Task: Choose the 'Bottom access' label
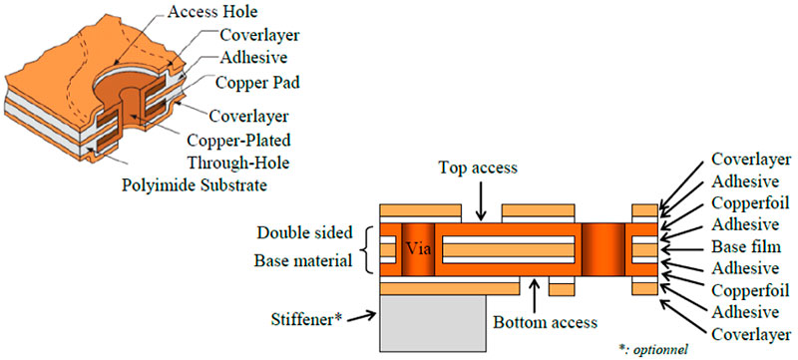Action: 545,323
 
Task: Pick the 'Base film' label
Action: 745,246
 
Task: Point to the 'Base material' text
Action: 303,263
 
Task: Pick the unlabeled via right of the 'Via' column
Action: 601,249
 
